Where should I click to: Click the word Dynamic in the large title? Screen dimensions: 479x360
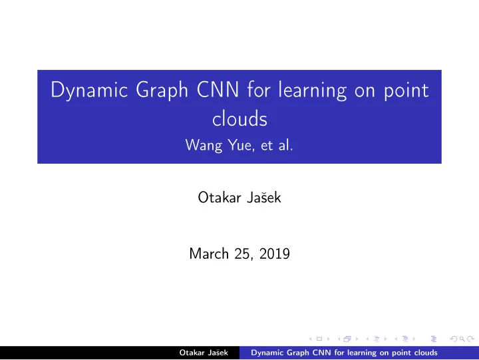89,90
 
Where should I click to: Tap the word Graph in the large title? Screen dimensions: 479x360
162,90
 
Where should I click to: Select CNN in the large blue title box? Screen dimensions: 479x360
218,89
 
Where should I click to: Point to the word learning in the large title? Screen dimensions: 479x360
312,90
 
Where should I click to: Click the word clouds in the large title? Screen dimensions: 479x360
239,118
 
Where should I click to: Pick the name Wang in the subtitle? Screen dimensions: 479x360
204,145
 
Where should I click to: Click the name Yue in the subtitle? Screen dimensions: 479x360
241,145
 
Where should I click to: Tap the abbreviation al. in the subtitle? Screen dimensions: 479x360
285,145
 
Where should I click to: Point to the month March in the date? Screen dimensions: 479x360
209,254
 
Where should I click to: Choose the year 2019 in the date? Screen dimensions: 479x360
274,254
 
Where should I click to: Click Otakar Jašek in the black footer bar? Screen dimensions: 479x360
204,353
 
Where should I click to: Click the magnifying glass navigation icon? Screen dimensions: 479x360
462,339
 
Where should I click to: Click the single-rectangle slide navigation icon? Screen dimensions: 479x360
319,339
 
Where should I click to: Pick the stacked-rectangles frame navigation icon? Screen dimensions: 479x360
347,339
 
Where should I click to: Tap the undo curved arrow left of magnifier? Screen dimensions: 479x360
454,339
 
